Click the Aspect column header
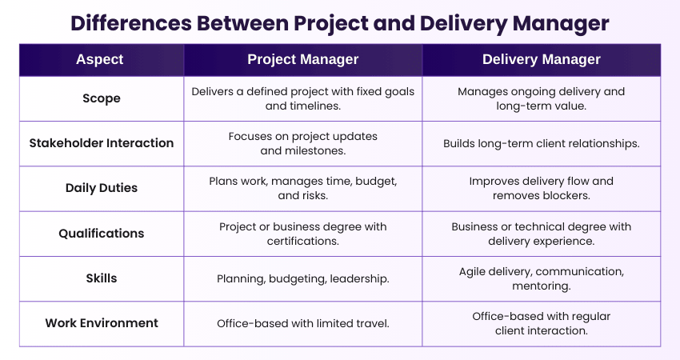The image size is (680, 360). tap(100, 59)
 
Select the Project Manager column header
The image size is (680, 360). tap(302, 59)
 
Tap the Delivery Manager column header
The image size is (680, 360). tap(542, 59)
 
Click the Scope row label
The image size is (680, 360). tap(102, 98)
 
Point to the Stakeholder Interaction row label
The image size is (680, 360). tap(102, 143)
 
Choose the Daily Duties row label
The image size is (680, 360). tap(102, 188)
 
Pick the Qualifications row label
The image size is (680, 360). tap(102, 234)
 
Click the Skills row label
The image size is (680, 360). tap(102, 278)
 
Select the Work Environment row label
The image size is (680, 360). tap(102, 323)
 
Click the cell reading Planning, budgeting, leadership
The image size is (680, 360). tap(302, 279)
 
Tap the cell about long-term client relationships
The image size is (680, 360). tap(542, 143)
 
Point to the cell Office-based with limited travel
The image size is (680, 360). tap(302, 323)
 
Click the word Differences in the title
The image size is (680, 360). tap(131, 23)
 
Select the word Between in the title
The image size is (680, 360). tap(242, 23)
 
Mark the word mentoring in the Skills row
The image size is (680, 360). tap(542, 286)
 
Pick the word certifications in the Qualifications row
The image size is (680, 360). tap(302, 241)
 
